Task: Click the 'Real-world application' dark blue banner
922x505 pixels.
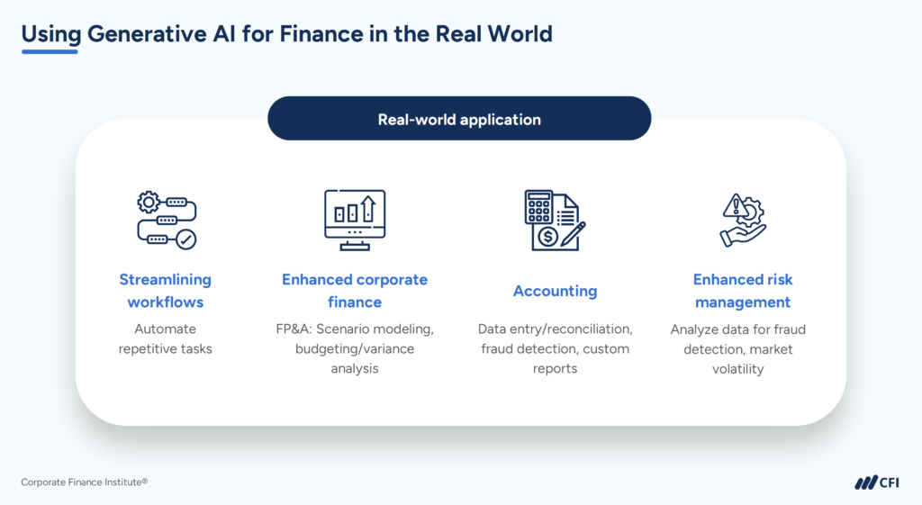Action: click(x=459, y=119)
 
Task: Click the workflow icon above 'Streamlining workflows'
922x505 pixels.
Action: click(x=166, y=220)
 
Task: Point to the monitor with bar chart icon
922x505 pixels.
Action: click(x=354, y=219)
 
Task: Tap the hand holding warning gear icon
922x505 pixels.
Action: click(x=743, y=220)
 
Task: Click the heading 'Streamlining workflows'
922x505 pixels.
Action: click(x=166, y=291)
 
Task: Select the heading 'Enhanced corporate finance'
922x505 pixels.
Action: click(x=354, y=291)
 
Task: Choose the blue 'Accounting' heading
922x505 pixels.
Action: click(x=555, y=291)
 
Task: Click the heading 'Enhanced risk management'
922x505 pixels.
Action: click(x=743, y=291)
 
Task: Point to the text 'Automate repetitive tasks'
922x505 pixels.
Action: click(x=166, y=338)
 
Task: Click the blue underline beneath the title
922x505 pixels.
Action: click(x=50, y=51)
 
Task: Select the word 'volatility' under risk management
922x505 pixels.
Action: click(x=743, y=369)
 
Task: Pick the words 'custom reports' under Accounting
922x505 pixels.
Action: click(x=576, y=358)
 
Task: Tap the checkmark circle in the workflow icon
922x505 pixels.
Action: click(x=185, y=239)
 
